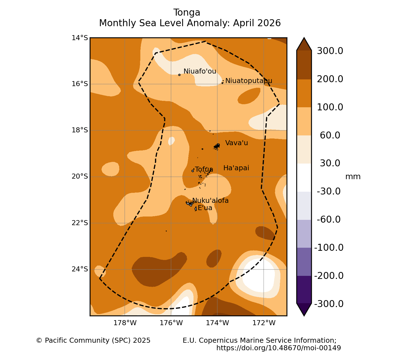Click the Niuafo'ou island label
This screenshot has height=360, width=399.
[200, 71]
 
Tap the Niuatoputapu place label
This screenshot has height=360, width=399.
[249, 81]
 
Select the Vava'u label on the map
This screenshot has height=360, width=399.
[236, 143]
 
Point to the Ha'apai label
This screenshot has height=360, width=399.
[236, 168]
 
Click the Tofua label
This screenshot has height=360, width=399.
[204, 169]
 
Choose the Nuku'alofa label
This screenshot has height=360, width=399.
[210, 200]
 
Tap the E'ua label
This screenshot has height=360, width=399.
[205, 208]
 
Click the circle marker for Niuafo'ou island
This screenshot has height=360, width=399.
[179, 75]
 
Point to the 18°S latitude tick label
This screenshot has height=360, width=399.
[80, 130]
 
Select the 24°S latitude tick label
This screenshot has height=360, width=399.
[80, 269]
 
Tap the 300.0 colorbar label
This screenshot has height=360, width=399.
[330, 51]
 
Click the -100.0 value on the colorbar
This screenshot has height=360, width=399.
[329, 248]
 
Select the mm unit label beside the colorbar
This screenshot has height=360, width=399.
[353, 177]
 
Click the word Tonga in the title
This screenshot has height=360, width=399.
[187, 13]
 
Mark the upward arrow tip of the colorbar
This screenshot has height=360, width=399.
[304, 37]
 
